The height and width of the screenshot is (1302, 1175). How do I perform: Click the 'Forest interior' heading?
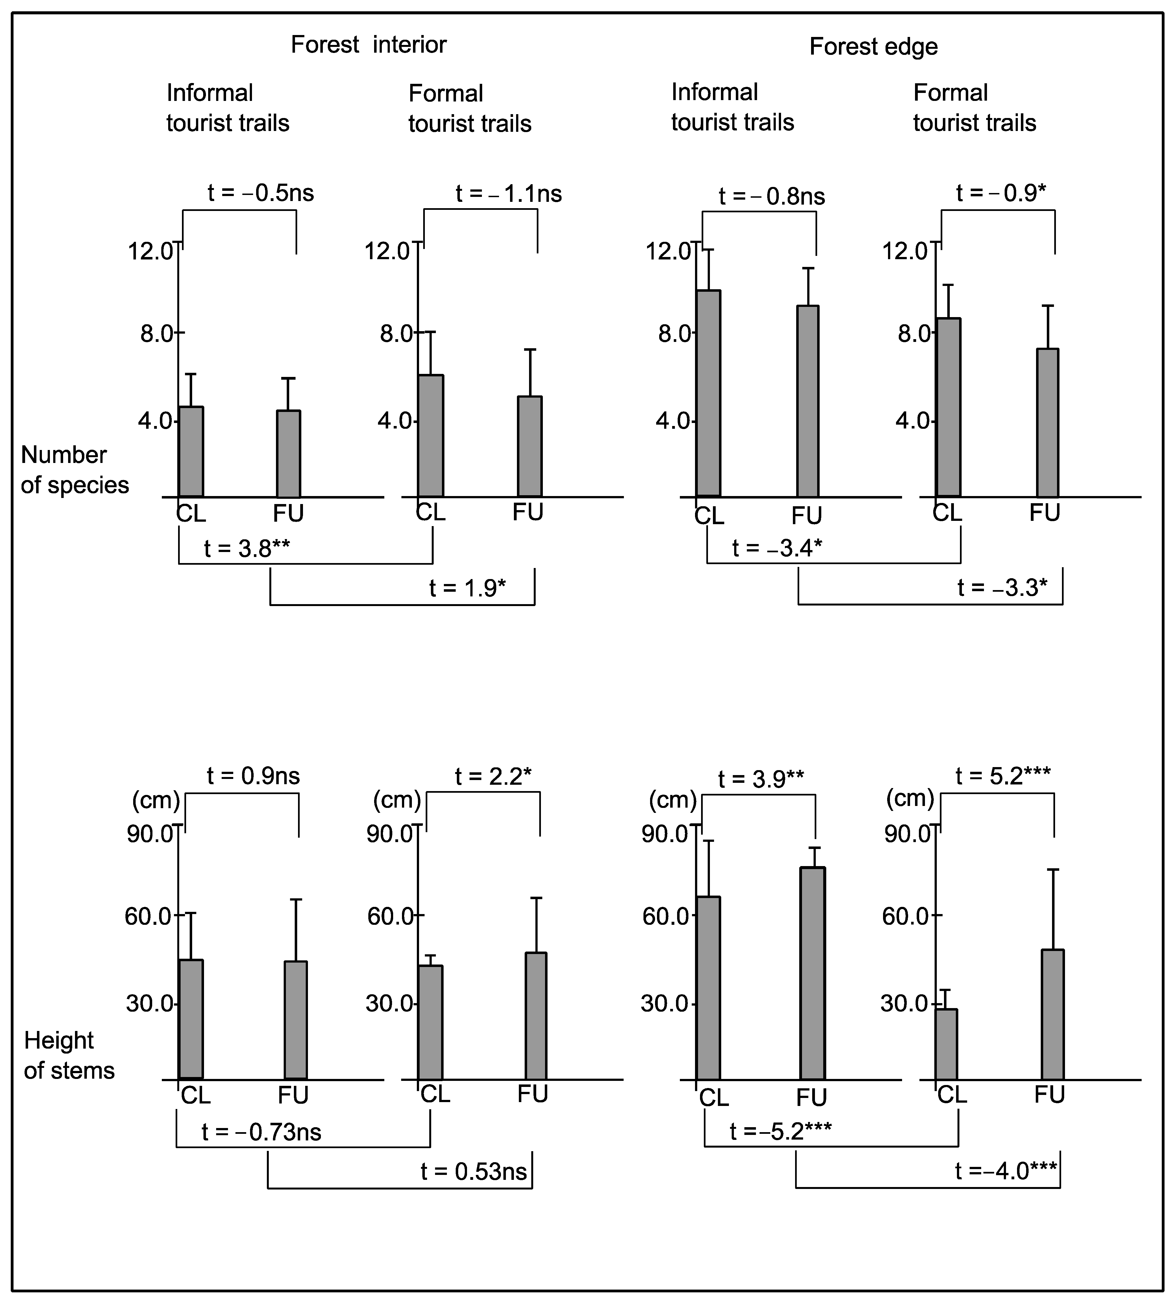tap(369, 45)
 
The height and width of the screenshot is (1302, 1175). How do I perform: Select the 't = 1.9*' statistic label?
tap(467, 588)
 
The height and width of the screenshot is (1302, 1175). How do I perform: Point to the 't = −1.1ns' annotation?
tap(509, 194)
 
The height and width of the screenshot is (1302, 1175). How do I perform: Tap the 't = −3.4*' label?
tap(777, 548)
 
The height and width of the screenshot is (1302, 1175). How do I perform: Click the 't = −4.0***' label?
tap(1006, 1171)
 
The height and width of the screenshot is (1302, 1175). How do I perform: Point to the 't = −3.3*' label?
tap(1002, 588)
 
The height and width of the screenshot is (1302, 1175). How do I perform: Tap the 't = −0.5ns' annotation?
tap(261, 193)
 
